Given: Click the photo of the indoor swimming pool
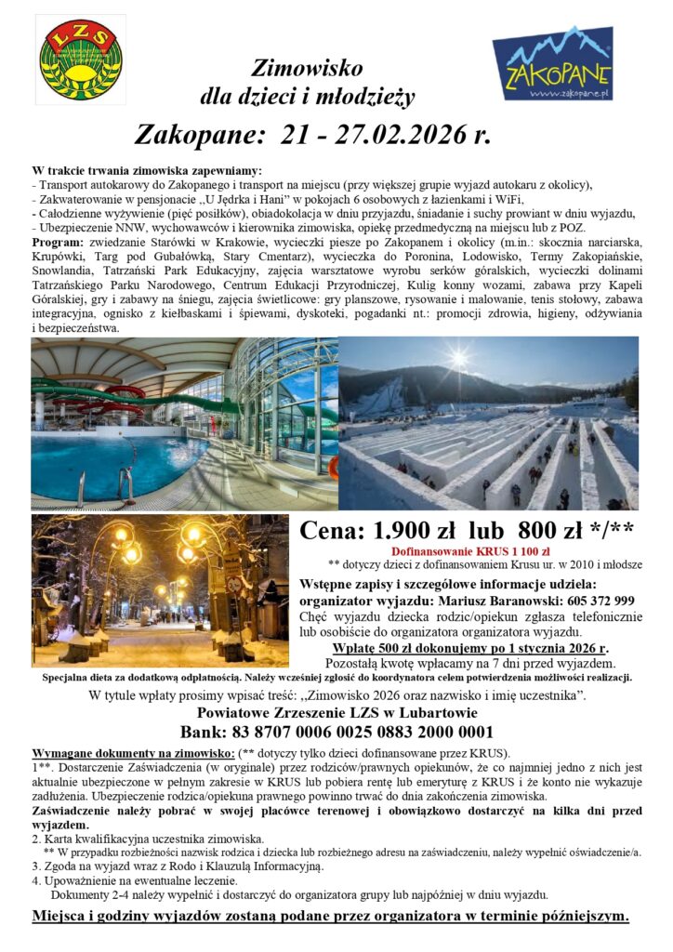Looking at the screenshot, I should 184,423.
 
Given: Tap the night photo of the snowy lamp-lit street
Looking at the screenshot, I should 160,591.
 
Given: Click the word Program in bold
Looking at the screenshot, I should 59,243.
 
